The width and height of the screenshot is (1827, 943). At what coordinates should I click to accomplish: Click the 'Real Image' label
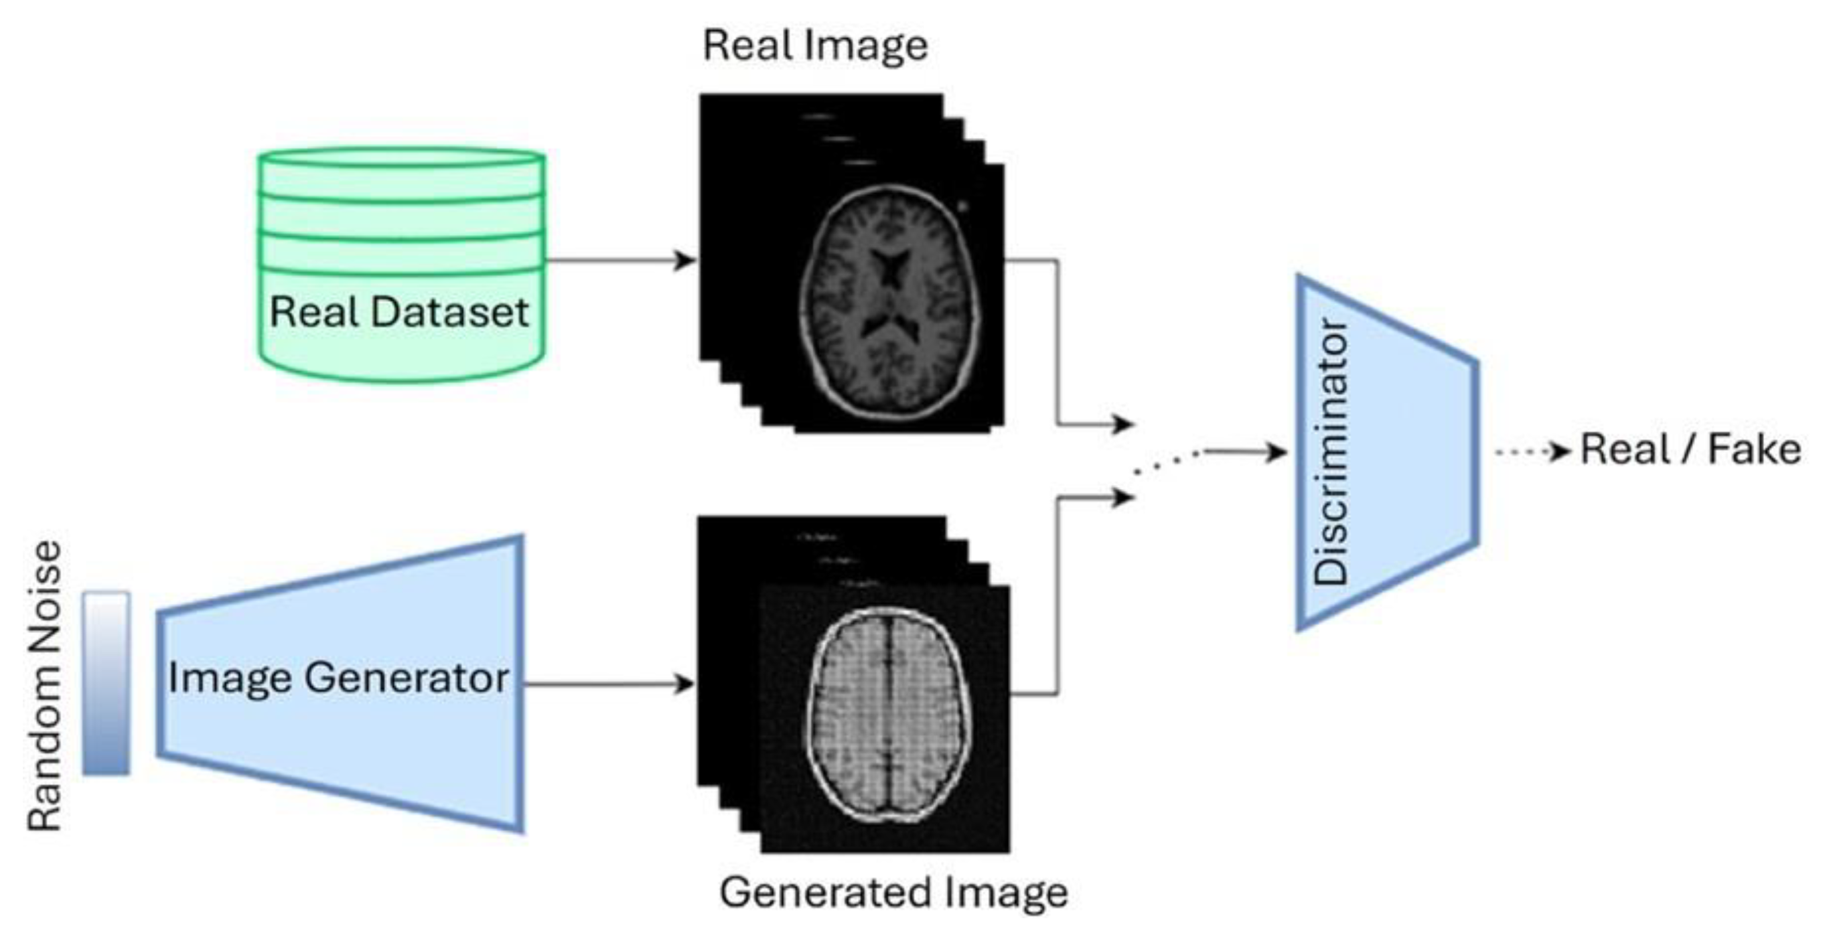point(815,47)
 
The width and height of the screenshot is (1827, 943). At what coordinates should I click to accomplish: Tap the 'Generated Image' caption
point(893,892)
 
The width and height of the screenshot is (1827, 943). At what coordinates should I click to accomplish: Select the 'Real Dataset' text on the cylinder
point(399,312)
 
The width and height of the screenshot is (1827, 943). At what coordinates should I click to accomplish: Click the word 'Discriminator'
point(1331,452)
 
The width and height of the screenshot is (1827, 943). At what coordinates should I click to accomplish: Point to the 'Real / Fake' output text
point(1691,450)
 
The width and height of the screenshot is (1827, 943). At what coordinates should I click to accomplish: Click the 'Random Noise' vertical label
point(45,685)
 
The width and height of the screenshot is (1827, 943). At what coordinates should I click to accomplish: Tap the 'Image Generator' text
point(338,678)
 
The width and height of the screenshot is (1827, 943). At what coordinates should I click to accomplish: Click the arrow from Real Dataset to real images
point(617,261)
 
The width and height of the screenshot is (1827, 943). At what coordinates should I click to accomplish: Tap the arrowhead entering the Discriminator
point(1276,451)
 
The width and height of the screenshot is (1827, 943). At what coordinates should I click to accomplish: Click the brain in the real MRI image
point(890,301)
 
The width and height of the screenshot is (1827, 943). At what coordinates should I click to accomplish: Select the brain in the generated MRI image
point(888,715)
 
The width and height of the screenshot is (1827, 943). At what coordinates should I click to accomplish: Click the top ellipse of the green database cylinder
point(401,157)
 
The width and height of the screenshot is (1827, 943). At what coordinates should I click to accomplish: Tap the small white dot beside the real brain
point(962,206)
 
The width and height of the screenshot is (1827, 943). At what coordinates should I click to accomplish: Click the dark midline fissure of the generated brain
point(888,709)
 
